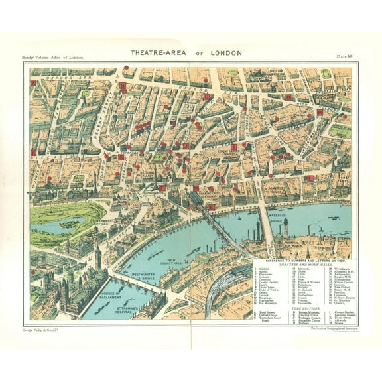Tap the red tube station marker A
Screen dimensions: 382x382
point(33,84)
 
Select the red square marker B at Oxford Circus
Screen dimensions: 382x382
point(122,85)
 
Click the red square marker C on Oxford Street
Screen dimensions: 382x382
point(207,96)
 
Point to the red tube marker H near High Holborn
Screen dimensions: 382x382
point(320,113)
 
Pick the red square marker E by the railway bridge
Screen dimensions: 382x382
point(212,207)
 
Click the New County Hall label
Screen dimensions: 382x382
point(174,262)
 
